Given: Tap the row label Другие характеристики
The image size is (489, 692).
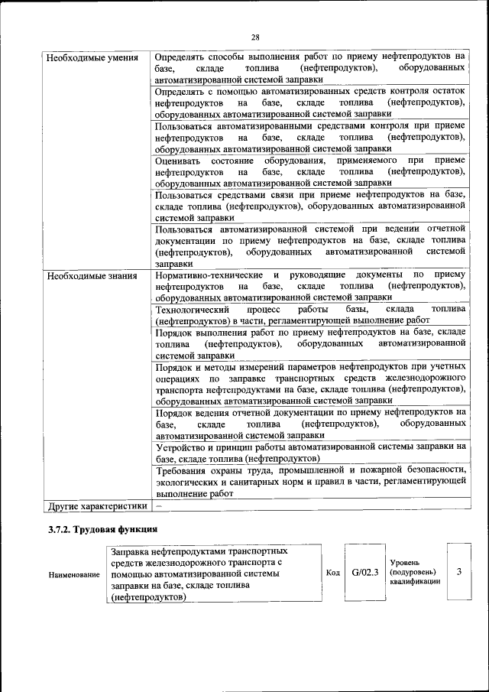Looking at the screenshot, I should [96, 505].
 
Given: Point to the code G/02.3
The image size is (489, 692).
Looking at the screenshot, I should [365, 572].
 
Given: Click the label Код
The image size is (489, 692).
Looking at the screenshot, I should [333, 573].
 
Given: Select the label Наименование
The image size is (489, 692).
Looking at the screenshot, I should [74, 573].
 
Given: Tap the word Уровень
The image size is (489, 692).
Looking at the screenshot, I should [406, 562].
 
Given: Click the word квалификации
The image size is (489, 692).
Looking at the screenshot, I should [415, 581].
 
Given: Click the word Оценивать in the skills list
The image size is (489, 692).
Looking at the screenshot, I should [177, 161].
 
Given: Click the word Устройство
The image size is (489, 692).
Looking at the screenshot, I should [182, 447].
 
